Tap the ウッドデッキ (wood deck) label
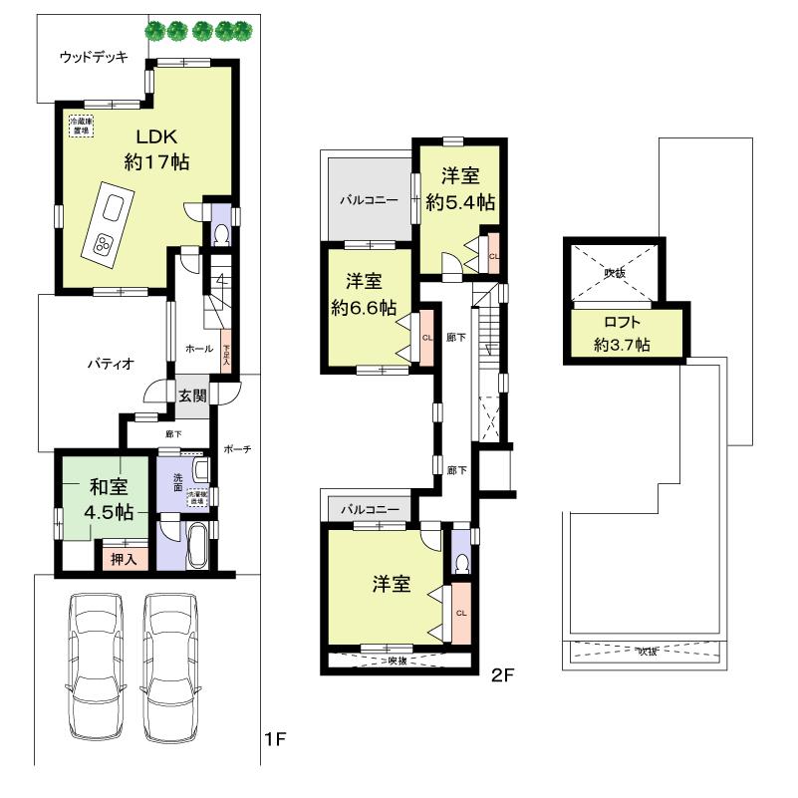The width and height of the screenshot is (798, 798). (93, 57)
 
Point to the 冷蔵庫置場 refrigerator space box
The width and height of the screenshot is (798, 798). (81, 127)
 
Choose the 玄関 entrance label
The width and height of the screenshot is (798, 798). (193, 396)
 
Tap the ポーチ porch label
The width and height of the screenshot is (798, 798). (237, 449)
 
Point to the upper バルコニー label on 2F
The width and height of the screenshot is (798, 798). (369, 199)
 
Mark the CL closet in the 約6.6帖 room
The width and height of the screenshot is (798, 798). (426, 337)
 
